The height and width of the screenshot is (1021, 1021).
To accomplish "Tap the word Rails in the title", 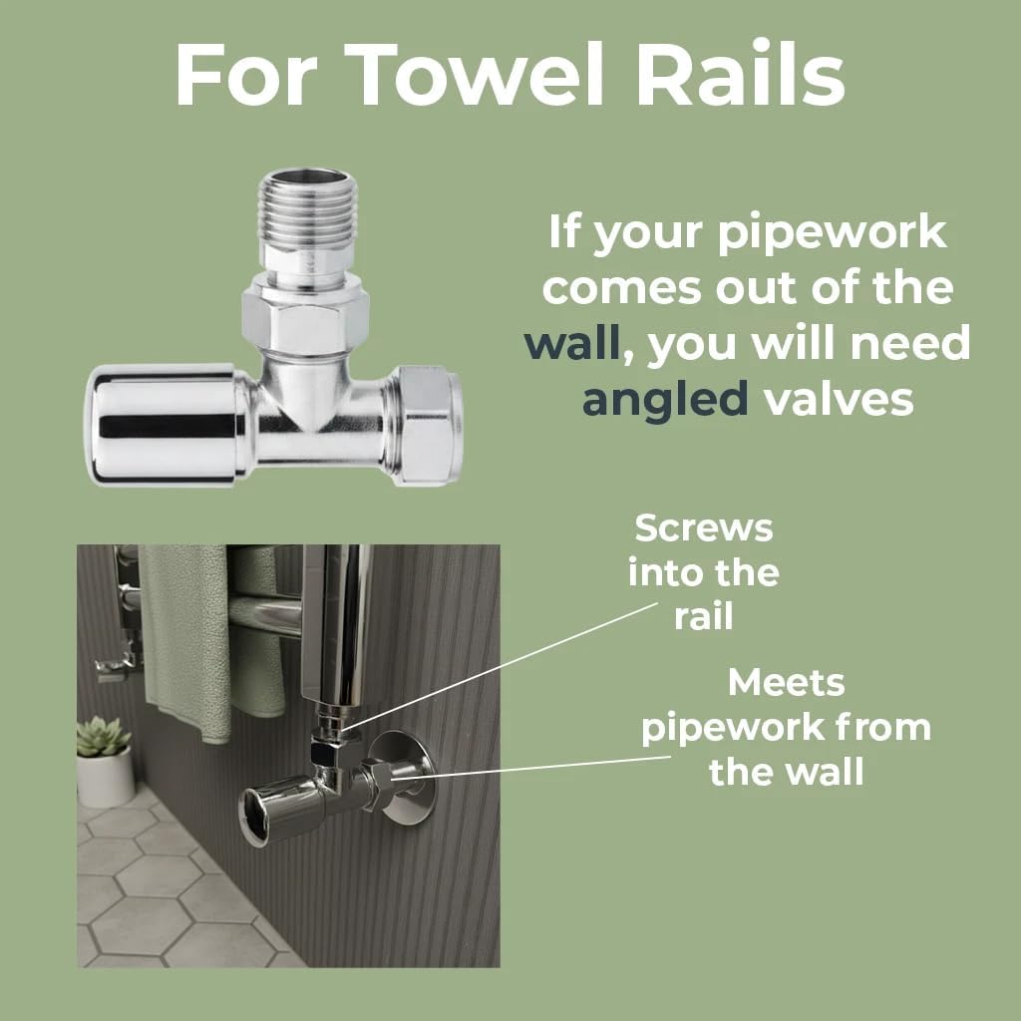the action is click(x=741, y=74).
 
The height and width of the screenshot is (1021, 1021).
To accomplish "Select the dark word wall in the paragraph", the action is click(x=571, y=344).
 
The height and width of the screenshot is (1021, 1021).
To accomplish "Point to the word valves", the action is click(x=839, y=400).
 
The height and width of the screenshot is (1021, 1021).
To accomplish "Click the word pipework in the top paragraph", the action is click(x=833, y=233).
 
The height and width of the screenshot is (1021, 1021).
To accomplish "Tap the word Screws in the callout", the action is click(x=704, y=528).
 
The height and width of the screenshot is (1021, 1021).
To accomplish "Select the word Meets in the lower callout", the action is click(x=786, y=683).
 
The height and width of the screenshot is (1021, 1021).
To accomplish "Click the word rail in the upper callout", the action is click(x=703, y=616).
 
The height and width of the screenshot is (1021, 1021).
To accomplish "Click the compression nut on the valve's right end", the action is click(x=428, y=426).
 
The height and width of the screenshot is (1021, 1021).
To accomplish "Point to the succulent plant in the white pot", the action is click(x=103, y=737).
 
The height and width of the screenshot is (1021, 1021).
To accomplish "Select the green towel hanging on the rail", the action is click(x=185, y=641).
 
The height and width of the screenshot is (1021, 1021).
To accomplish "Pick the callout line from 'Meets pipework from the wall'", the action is click(x=530, y=767).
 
